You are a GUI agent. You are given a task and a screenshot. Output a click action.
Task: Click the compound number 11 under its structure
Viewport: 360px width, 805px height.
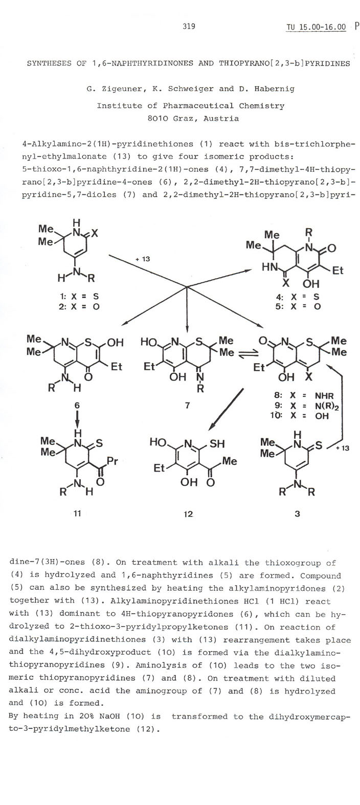(x=72, y=513)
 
